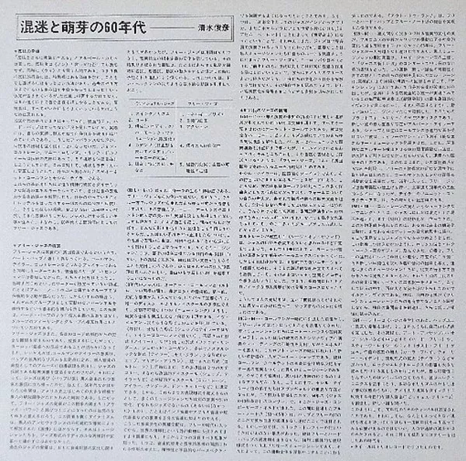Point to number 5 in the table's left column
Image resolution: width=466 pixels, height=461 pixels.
point(130,164)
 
